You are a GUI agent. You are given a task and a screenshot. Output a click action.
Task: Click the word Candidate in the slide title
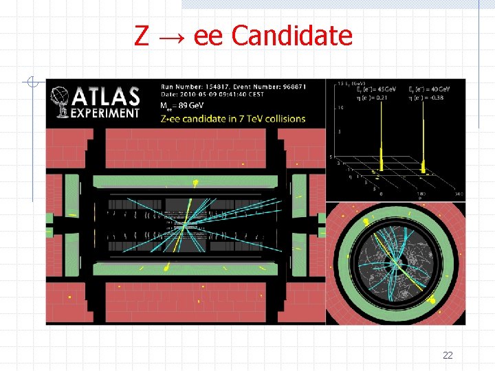292,36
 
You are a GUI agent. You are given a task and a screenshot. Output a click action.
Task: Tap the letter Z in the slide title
142,36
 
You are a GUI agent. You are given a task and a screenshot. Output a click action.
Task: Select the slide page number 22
448,355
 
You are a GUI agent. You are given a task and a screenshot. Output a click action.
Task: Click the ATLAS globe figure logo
61,102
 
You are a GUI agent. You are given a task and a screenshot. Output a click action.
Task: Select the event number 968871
291,87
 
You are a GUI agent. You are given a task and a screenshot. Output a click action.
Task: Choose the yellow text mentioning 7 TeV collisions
232,119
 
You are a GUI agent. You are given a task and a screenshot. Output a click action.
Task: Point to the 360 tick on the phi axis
459,194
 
